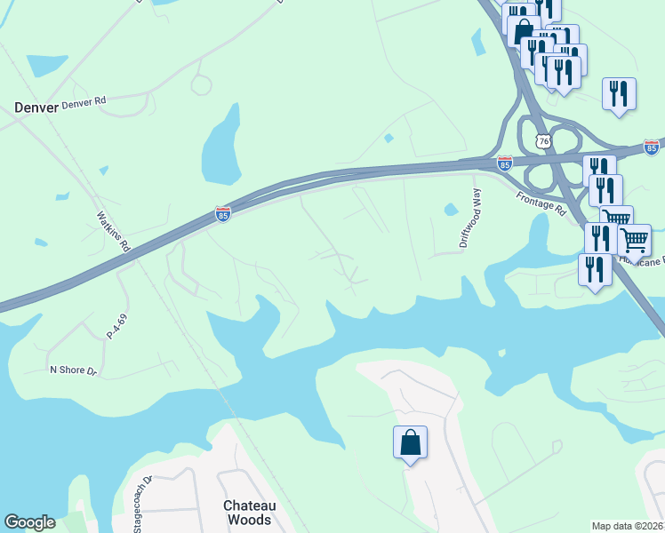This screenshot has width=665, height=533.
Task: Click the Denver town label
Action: (x=36, y=107)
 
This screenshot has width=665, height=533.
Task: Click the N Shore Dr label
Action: (x=73, y=370)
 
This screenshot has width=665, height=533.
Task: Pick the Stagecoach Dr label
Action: (x=141, y=503)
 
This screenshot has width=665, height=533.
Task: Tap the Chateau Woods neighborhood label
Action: (x=249, y=513)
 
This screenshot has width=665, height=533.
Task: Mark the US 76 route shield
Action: (x=543, y=142)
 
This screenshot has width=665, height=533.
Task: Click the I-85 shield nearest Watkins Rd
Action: (x=222, y=215)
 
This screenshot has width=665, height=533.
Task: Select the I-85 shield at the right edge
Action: (x=652, y=147)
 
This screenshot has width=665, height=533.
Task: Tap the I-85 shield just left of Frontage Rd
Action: (x=505, y=163)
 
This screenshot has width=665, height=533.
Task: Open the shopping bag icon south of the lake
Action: (x=410, y=442)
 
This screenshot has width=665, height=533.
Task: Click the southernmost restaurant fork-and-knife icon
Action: (x=594, y=270)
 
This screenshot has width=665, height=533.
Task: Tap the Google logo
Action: (x=30, y=522)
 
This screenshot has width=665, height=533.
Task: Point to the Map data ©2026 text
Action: (x=628, y=526)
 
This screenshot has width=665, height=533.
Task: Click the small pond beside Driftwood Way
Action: (x=450, y=211)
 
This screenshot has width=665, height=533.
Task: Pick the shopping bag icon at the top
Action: (x=524, y=30)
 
